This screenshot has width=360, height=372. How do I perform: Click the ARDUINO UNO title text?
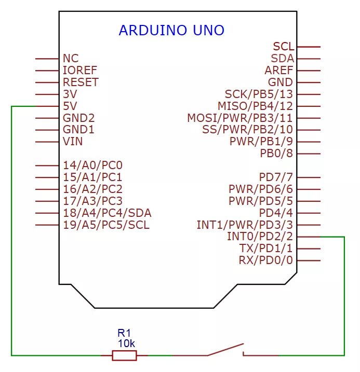coord(171,30)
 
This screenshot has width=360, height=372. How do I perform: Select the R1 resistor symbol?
coord(125,355)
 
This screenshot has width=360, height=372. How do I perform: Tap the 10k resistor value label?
coord(127,343)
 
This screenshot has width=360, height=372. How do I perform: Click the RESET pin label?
coord(81,82)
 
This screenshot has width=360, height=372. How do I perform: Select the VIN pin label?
coord(73,141)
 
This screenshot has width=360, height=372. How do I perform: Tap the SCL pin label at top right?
coord(283,47)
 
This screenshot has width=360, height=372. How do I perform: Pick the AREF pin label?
coord(279,70)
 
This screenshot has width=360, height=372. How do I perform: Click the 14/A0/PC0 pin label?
coord(93,166)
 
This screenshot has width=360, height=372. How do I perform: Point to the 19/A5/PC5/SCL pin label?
coord(106,225)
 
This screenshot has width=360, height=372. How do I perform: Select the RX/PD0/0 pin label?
coord(266,260)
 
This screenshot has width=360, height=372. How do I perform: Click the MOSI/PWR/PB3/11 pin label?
coord(240,118)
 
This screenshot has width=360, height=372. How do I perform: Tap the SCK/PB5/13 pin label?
coord(259,94)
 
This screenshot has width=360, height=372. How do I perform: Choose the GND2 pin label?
coord(79,118)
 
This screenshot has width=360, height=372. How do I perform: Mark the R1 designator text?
coord(125,333)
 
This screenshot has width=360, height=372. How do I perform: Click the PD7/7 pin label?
coord(276,177)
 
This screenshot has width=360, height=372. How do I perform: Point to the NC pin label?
coord(71,59)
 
